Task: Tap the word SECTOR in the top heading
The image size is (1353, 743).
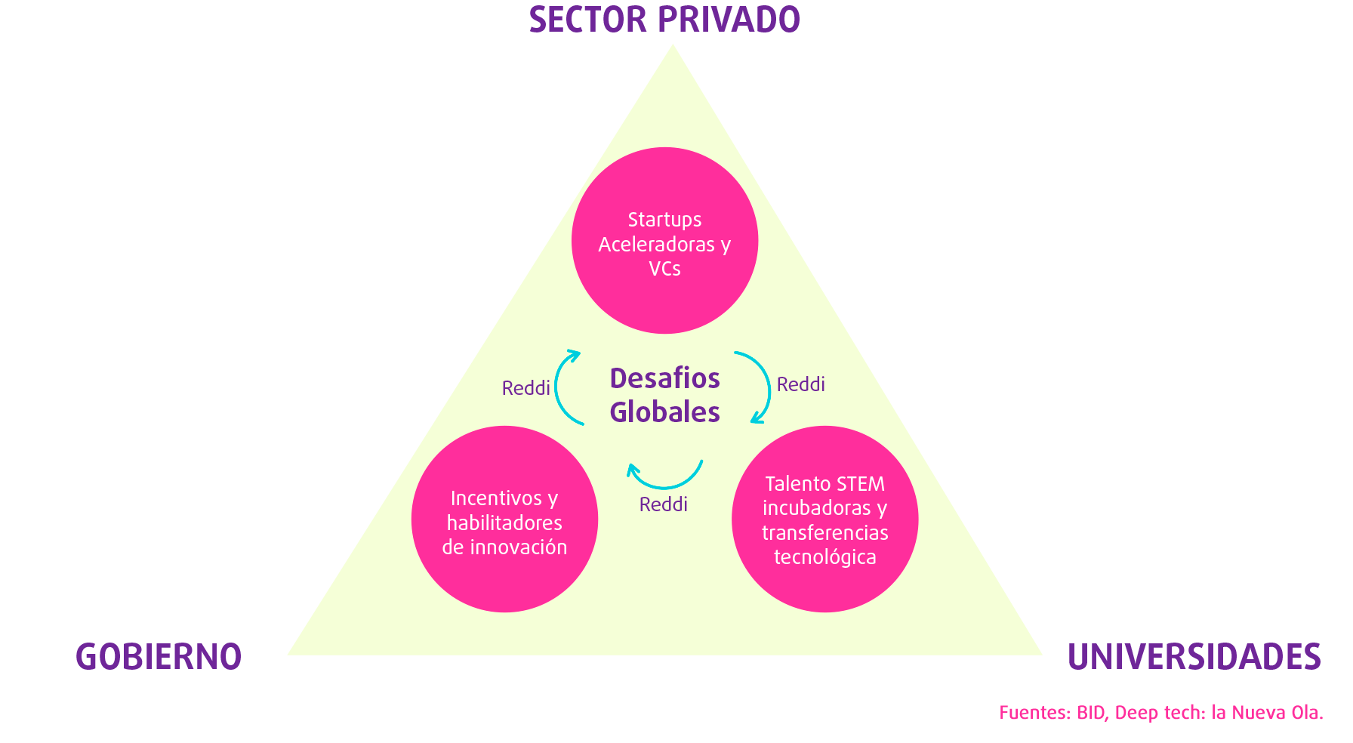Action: (x=587, y=20)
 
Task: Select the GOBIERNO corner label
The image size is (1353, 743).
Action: (x=159, y=656)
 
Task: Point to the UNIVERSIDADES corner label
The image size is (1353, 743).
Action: (x=1194, y=656)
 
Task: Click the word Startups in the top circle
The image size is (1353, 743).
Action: (x=664, y=220)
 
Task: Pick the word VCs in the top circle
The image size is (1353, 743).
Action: (x=664, y=269)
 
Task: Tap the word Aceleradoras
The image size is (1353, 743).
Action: (x=656, y=245)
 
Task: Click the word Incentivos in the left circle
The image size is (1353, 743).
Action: (x=496, y=498)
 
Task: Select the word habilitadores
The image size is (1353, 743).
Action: (x=504, y=523)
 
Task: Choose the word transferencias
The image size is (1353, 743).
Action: (x=824, y=533)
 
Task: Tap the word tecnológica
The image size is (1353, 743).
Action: (x=824, y=557)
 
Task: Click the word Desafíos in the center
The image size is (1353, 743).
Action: (x=664, y=378)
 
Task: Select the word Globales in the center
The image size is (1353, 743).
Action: (x=664, y=412)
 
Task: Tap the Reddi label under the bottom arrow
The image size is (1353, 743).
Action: (x=663, y=504)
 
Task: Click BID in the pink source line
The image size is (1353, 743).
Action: (x=1092, y=713)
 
